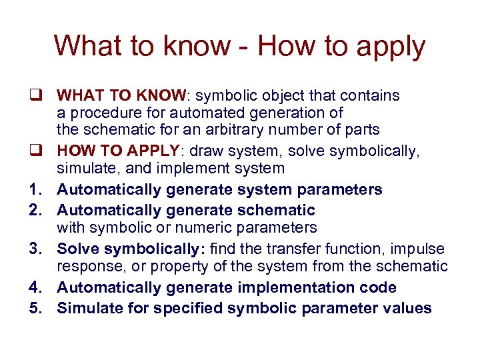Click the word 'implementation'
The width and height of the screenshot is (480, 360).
[300, 288]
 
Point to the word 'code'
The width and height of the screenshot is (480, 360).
[380, 287]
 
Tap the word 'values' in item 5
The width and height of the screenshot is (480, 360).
[408, 308]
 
